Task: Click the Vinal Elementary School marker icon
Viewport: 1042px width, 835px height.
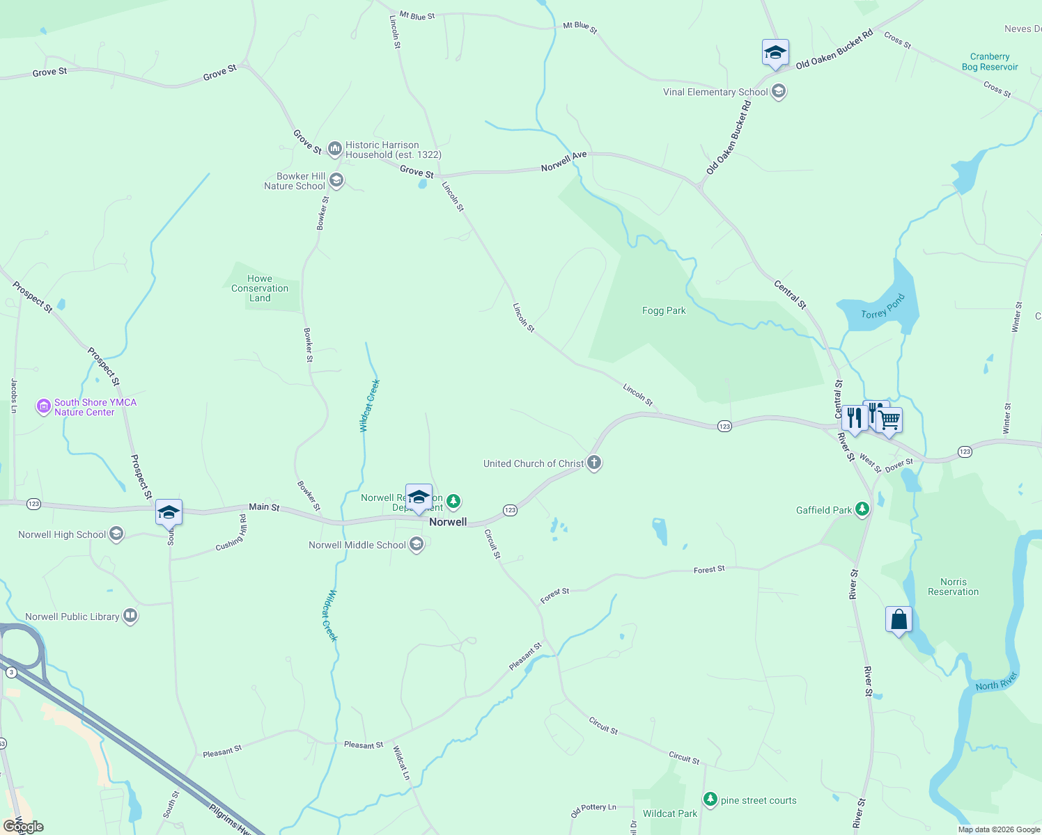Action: tap(779, 92)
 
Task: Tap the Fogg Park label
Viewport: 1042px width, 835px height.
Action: tap(664, 311)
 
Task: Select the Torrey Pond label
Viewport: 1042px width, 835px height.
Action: tap(882, 306)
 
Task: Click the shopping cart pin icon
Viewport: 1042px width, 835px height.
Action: tap(889, 420)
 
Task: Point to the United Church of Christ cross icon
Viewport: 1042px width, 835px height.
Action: tap(593, 463)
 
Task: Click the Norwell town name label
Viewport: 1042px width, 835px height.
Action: tap(448, 522)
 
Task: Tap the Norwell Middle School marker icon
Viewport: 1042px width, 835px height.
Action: tap(417, 544)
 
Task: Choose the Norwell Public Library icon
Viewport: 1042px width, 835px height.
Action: tap(130, 616)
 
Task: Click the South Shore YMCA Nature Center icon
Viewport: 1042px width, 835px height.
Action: tap(44, 406)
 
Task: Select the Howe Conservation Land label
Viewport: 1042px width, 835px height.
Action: tap(260, 288)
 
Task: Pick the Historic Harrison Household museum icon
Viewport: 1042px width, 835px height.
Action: tap(335, 148)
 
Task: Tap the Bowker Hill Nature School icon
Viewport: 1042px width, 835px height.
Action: tap(336, 181)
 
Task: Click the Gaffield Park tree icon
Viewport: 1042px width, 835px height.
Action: tap(862, 509)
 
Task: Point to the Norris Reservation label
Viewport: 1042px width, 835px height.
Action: tap(953, 587)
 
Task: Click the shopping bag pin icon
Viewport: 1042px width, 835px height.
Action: tap(899, 619)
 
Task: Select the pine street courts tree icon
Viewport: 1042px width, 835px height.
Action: tap(710, 800)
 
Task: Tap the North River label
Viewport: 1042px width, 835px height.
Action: tap(996, 682)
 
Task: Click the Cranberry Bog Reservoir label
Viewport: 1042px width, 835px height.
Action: tap(990, 62)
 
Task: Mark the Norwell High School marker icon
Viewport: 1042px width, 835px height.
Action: tap(116, 534)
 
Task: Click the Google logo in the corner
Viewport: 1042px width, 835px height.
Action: tap(23, 827)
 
